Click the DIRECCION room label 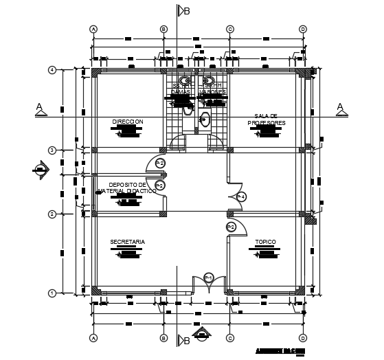(128, 122)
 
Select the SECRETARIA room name (127, 242)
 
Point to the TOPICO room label (266, 242)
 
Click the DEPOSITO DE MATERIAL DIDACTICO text (128, 188)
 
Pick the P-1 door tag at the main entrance (210, 277)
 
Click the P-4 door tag (241, 196)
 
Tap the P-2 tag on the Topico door (231, 227)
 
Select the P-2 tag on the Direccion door (159, 163)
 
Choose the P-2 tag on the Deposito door (159, 185)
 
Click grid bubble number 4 (52, 70)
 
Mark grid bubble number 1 (52, 293)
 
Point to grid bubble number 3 (52, 150)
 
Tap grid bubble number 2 (52, 214)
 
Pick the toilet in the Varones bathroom (204, 120)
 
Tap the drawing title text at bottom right (279, 350)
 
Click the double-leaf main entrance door (210, 284)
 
